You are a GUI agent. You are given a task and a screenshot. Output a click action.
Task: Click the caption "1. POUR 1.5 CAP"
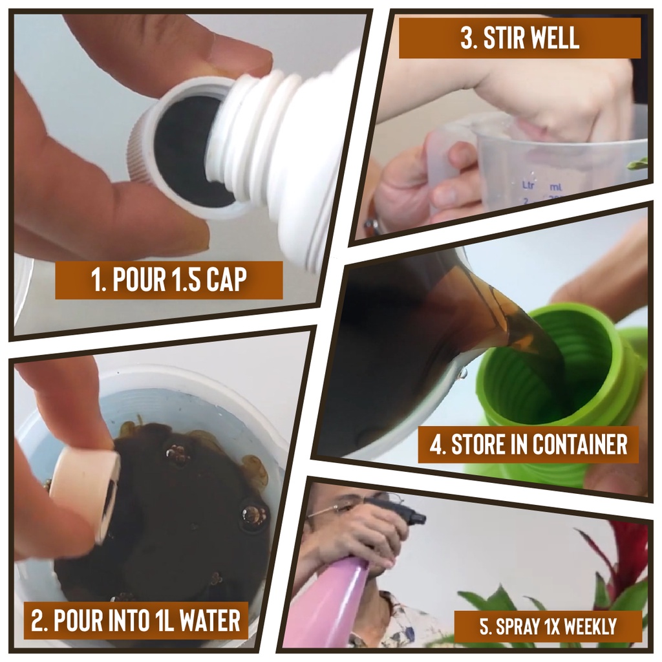coord(169,280)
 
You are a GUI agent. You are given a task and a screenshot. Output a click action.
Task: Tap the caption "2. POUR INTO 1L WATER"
coord(136,620)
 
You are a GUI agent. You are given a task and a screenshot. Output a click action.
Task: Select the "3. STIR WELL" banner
coord(520,38)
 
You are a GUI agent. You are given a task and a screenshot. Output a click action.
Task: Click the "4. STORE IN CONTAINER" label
coord(529,444)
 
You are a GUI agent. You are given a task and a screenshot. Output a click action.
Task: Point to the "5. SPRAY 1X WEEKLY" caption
coord(548,626)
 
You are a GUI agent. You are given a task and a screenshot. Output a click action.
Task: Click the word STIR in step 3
coord(503,38)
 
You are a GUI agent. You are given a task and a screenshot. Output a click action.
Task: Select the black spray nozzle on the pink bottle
coord(397,512)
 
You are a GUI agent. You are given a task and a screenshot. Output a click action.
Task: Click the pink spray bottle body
coord(337,599)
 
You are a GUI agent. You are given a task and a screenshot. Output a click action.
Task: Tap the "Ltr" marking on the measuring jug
coord(528,185)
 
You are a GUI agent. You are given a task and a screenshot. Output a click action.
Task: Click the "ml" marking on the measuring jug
coord(555,186)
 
